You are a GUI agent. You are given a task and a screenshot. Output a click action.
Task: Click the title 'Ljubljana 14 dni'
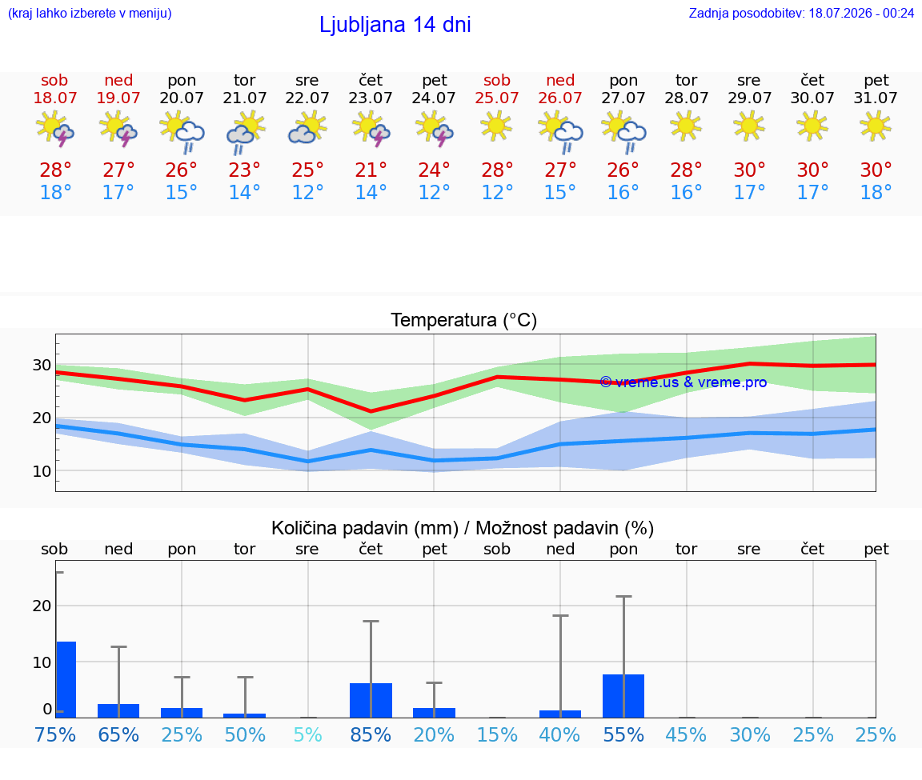tap(395, 25)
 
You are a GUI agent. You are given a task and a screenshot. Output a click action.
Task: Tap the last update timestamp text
tap(801, 13)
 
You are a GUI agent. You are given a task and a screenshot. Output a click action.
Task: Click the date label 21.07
tap(245, 98)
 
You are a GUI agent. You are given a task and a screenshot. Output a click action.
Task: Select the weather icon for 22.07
tap(307, 129)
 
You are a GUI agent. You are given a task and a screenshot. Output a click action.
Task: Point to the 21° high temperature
tap(371, 170)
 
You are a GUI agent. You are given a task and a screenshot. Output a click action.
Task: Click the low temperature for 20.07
tap(181, 192)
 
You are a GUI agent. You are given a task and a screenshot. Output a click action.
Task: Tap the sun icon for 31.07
tap(876, 126)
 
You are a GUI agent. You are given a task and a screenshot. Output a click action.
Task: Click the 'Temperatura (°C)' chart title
tap(464, 320)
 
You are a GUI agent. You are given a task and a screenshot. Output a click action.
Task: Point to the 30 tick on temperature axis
tap(42, 365)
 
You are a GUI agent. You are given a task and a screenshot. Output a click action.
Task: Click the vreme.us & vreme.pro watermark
tap(683, 382)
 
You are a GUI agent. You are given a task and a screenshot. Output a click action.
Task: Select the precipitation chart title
tap(462, 528)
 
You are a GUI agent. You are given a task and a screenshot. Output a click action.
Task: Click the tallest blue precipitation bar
tap(66, 679)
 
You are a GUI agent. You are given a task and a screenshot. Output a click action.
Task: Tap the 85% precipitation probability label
tap(371, 734)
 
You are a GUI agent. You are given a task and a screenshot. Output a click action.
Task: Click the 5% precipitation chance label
tap(307, 734)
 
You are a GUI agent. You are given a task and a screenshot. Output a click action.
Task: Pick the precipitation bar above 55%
tap(623, 696)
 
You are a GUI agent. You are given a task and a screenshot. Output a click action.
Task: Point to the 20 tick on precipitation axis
tap(42, 606)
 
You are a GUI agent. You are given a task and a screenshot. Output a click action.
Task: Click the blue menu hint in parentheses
tap(90, 13)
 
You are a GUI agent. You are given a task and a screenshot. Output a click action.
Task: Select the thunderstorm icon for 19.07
tap(118, 129)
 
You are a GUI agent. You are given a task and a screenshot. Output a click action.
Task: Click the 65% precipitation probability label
tap(118, 734)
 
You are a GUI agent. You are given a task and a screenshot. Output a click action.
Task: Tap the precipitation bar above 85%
tap(371, 701)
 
